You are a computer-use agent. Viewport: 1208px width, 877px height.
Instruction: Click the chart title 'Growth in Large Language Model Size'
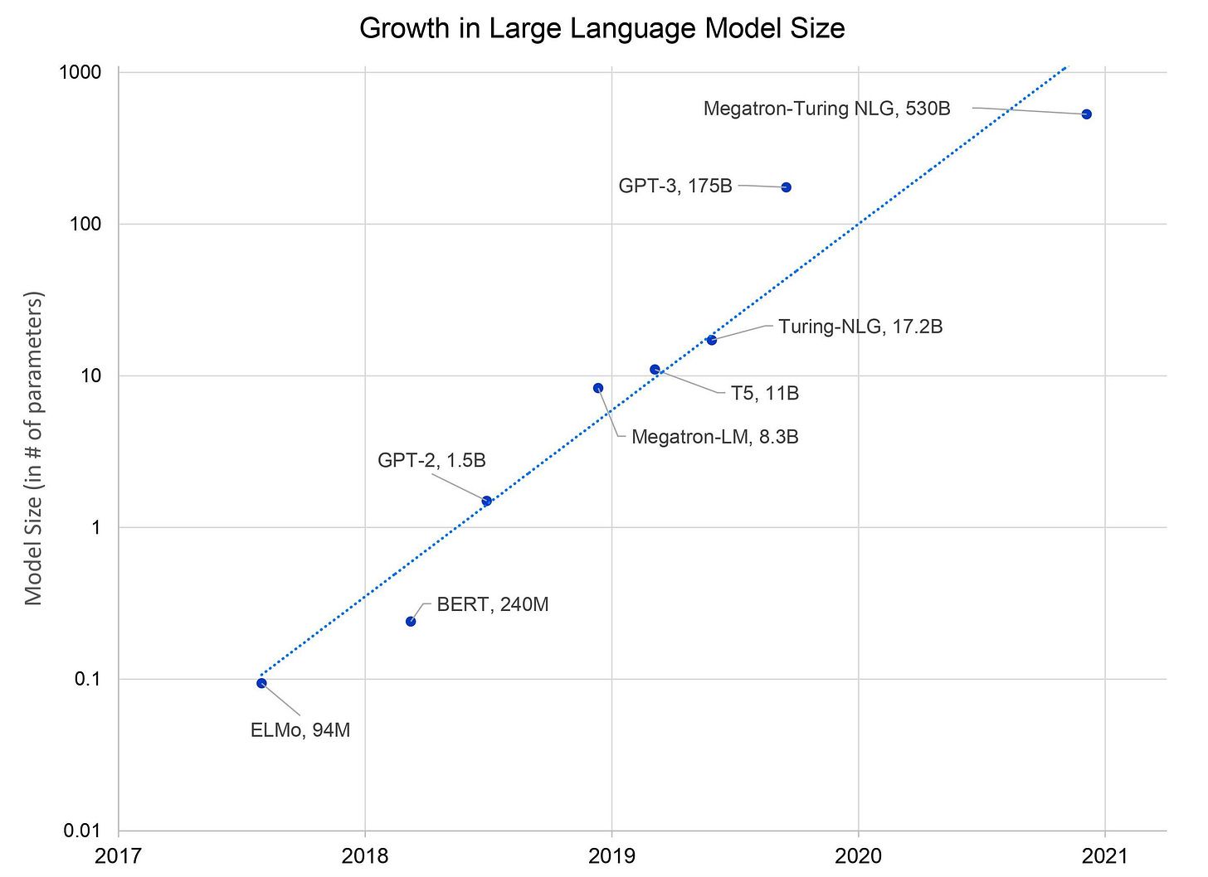[x=602, y=29]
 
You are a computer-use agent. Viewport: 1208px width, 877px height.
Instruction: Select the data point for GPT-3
[x=786, y=187]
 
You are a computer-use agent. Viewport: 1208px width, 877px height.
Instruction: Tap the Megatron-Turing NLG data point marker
[x=1086, y=114]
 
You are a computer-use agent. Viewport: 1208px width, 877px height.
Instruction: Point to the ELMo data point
[x=261, y=683]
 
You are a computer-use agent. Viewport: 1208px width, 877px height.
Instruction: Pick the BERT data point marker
[x=411, y=622]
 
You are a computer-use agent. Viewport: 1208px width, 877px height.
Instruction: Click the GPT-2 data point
[x=486, y=501]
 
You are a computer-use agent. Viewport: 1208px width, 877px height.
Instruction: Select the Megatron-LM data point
[x=598, y=388]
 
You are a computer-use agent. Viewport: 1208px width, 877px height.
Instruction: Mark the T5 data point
[x=655, y=370]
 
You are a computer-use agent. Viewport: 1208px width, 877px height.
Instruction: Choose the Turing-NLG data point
[x=711, y=340]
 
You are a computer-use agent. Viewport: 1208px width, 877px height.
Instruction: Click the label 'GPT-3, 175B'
[x=675, y=186]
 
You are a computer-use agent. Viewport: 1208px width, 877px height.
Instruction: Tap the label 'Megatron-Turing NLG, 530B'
[x=826, y=109]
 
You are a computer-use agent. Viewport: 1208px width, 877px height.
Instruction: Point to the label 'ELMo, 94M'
[x=300, y=730]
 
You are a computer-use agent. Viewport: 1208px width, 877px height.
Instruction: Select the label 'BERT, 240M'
[x=493, y=604]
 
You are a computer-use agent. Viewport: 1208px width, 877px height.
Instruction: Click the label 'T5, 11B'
[x=765, y=393]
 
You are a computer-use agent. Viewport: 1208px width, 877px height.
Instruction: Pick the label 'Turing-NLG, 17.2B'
[x=860, y=327]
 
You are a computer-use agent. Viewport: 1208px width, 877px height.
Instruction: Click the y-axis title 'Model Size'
[x=33, y=448]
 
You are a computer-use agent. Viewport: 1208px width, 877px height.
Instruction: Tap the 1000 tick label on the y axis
[x=80, y=72]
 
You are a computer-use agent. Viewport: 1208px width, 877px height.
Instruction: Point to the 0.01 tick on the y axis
[x=83, y=831]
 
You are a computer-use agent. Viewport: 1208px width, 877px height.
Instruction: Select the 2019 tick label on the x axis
[x=611, y=855]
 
